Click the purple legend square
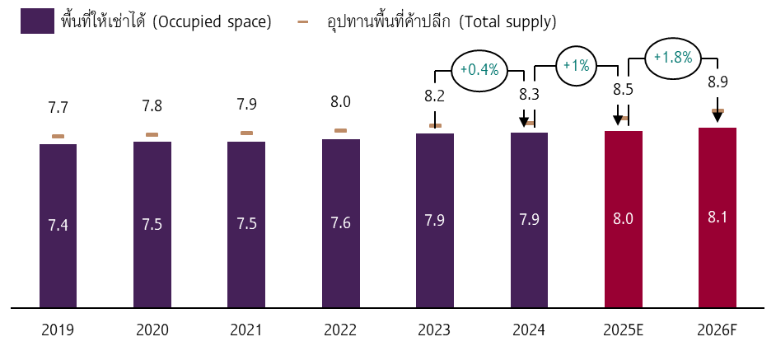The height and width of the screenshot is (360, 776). coord(37,21)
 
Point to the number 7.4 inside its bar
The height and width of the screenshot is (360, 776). coord(58,225)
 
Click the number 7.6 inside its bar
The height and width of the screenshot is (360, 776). coord(340,222)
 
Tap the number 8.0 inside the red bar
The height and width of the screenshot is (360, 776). coord(623,219)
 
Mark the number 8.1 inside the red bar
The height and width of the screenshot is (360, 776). coord(717,217)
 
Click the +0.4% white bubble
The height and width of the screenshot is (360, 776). coord(479,71)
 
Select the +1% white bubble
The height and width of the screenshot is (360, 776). coord(576,66)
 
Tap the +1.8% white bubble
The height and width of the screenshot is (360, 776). coord(673,58)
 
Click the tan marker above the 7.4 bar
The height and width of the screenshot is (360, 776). coord(58,136)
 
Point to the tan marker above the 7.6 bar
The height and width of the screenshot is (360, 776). coord(340,130)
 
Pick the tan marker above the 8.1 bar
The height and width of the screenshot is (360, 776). coord(718,110)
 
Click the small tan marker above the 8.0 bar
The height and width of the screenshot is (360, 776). coord(624,118)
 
